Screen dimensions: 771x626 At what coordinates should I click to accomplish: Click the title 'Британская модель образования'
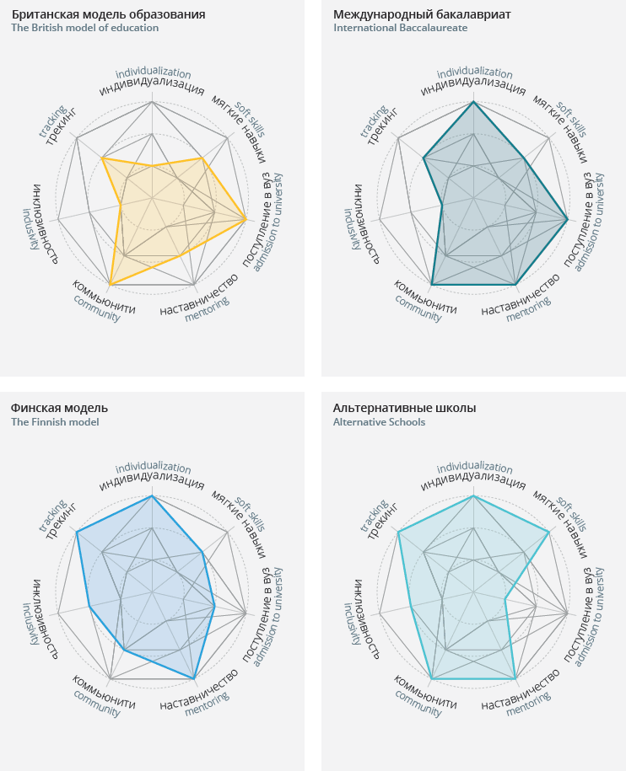(108, 14)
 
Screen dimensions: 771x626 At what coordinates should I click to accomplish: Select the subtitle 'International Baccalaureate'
(400, 28)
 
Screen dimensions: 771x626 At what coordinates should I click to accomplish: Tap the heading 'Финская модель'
(59, 409)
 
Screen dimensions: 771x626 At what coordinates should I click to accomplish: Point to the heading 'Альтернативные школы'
(404, 409)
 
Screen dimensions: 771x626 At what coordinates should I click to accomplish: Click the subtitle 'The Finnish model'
(55, 422)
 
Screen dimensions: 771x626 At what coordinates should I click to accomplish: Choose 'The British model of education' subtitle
(84, 28)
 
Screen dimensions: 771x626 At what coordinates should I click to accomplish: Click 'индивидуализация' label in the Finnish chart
(152, 483)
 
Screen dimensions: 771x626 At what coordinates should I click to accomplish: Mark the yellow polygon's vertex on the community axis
(111, 284)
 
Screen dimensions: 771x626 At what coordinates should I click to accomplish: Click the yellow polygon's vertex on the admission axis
(246, 220)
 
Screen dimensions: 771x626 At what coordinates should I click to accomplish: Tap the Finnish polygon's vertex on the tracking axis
(77, 532)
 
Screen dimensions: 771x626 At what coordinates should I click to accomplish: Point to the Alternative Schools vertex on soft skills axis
(548, 532)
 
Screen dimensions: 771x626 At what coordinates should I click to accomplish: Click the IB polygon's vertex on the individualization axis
(473, 102)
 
